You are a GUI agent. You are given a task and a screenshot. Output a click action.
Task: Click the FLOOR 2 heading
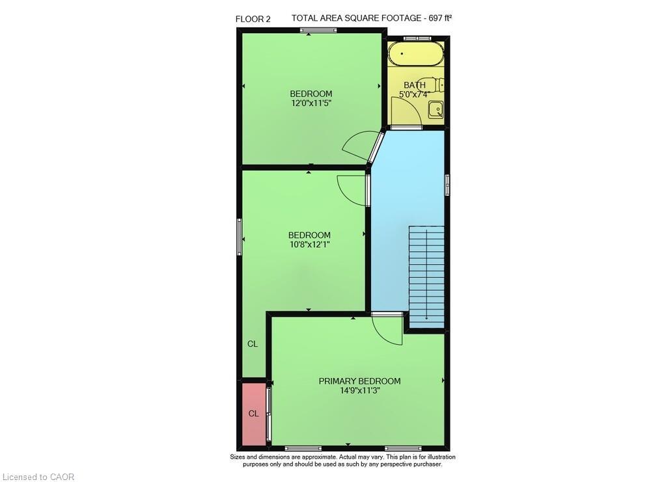253,19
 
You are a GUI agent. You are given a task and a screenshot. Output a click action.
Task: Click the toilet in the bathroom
439,85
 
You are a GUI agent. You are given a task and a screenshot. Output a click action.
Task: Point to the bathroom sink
436,111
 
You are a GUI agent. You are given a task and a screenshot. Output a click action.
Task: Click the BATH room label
415,85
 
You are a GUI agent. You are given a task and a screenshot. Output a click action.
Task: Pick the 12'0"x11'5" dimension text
311,103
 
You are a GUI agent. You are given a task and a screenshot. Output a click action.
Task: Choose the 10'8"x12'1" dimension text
310,245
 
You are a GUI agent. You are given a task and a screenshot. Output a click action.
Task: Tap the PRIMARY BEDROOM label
359,381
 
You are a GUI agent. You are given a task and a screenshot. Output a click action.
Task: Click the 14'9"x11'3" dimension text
359,391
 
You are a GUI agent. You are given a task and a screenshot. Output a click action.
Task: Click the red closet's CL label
253,414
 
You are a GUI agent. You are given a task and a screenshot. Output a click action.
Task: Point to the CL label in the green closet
253,344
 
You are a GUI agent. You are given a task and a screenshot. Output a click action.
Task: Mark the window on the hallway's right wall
447,185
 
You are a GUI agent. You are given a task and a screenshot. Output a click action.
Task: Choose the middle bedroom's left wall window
239,237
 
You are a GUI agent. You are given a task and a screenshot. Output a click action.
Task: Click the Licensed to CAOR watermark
38,477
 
